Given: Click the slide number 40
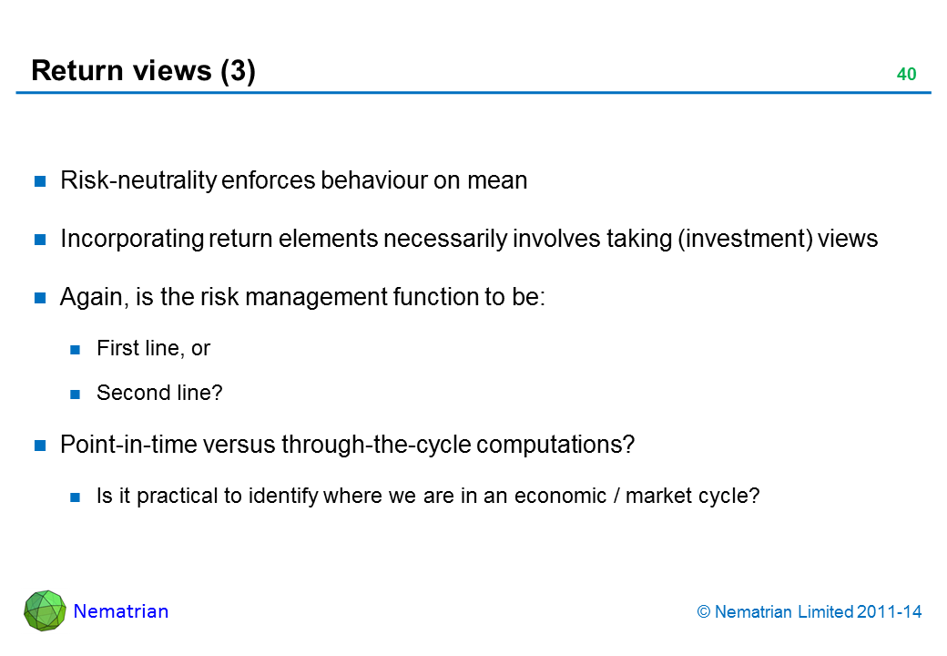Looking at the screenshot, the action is point(906,74).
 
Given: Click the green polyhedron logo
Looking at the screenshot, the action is point(45,610).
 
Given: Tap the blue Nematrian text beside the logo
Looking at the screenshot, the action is point(121,611).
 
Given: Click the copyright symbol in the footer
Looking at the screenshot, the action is point(704,612).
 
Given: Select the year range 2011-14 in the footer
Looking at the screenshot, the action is point(889,612).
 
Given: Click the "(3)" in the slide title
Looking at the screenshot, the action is point(238,71).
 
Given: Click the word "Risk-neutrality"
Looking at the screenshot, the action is point(138,180).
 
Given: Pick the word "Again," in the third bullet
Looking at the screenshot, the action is point(94,298).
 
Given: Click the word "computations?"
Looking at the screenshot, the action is point(555,446).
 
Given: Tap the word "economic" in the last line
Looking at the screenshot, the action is point(560,496).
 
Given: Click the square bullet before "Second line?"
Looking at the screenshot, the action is point(75,395).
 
